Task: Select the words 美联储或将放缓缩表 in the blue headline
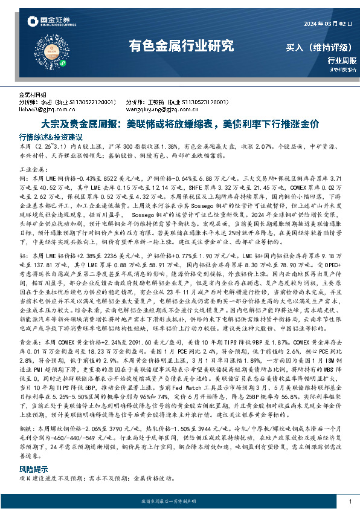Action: point(170,125)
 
